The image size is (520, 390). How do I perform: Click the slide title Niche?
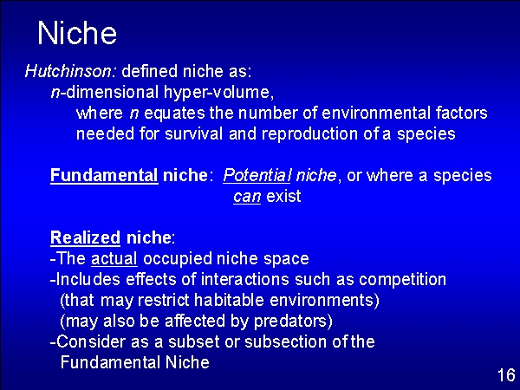(x=77, y=33)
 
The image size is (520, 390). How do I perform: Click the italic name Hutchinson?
(x=69, y=71)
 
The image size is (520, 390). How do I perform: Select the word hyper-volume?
(x=218, y=93)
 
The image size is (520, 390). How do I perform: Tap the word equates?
(x=174, y=114)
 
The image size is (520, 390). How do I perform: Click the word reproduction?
(x=310, y=134)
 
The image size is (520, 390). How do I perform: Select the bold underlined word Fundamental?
(x=104, y=175)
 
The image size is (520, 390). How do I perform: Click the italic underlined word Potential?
(x=257, y=175)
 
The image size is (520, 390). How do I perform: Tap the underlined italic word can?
(x=247, y=197)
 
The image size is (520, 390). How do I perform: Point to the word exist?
(x=284, y=196)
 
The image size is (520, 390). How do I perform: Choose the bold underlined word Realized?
(x=85, y=237)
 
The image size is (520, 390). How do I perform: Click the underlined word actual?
(x=114, y=258)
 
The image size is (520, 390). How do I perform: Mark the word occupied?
(x=178, y=259)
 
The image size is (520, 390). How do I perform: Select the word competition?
(x=402, y=280)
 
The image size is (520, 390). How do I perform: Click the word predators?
(x=293, y=322)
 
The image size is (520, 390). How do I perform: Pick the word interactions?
(x=244, y=279)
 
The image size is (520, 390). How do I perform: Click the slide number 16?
(x=506, y=375)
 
